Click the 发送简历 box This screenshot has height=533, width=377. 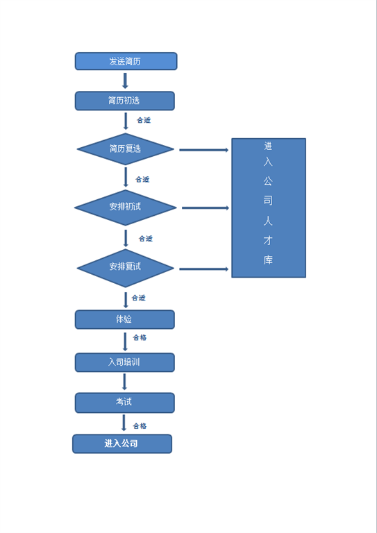(x=126, y=61)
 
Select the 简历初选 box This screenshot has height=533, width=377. (x=125, y=101)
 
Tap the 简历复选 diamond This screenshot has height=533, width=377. (x=126, y=149)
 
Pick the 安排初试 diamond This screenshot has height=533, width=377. (x=126, y=208)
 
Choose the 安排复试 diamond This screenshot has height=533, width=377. (x=126, y=268)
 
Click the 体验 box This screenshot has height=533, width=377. (x=125, y=319)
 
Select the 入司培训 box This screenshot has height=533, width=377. (x=125, y=362)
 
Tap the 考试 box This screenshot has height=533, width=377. (x=125, y=403)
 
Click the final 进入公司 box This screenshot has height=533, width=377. (x=122, y=443)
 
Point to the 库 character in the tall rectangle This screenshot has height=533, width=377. (x=268, y=260)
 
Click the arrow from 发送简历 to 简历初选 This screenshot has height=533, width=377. (x=125, y=81)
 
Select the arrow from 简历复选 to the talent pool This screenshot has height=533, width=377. (x=204, y=150)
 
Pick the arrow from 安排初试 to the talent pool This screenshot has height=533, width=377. (x=206, y=208)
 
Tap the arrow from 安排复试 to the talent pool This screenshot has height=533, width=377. (x=204, y=269)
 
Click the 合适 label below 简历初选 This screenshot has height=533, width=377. (x=144, y=120)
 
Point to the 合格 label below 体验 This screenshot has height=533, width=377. (x=140, y=337)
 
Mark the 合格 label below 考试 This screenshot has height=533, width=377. (x=140, y=426)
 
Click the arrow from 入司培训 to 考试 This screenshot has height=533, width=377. (x=124, y=382)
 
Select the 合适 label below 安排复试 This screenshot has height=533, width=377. (x=139, y=298)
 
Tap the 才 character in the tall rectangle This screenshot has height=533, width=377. (x=268, y=240)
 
